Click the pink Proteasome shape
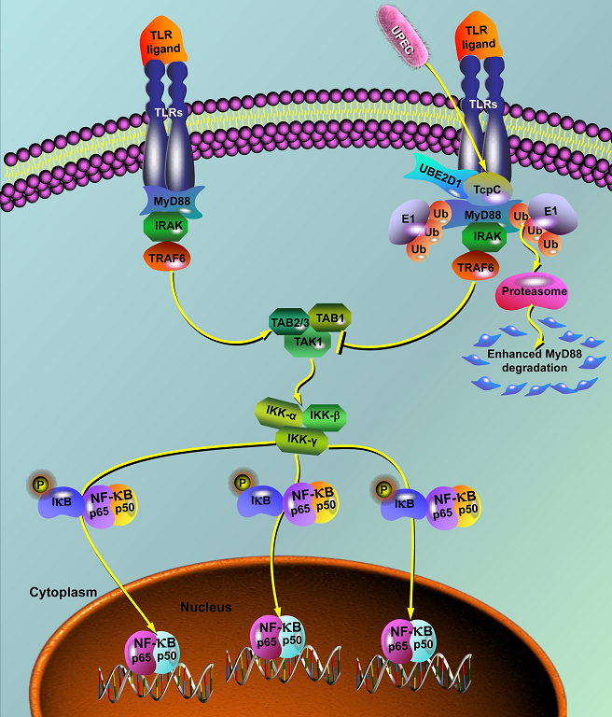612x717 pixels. tap(531, 290)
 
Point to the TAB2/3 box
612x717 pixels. tap(286, 322)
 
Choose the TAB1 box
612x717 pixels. tap(328, 317)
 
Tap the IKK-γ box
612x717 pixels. tap(301, 437)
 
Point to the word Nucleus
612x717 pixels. tap(205, 607)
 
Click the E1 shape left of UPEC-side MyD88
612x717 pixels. tap(409, 219)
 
